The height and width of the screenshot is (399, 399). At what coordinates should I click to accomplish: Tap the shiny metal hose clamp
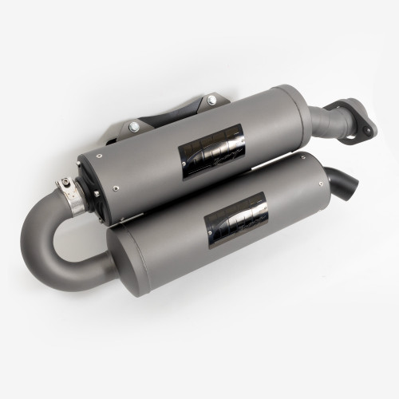(71, 191)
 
